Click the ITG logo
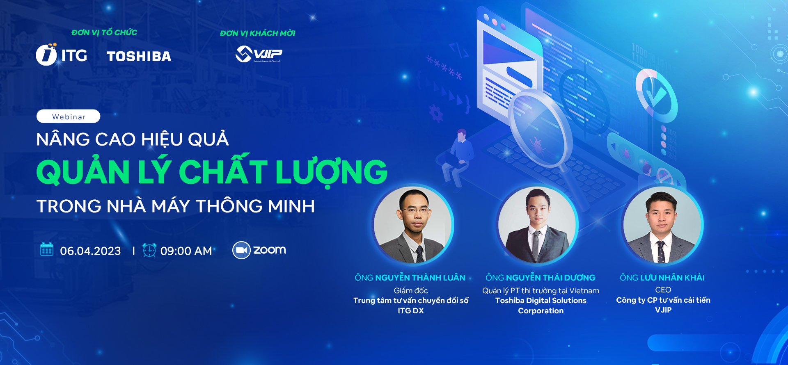62,55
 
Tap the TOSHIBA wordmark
139,56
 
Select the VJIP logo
259,54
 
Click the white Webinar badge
68,116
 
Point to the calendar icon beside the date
47,249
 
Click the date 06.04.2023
90,251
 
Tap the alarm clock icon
149,250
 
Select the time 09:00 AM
186,251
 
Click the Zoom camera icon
241,250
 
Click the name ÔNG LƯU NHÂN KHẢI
662,278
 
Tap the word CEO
663,290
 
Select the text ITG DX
410,311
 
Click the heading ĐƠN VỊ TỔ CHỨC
104,32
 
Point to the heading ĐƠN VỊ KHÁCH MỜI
257,33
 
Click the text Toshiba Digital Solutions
541,301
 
